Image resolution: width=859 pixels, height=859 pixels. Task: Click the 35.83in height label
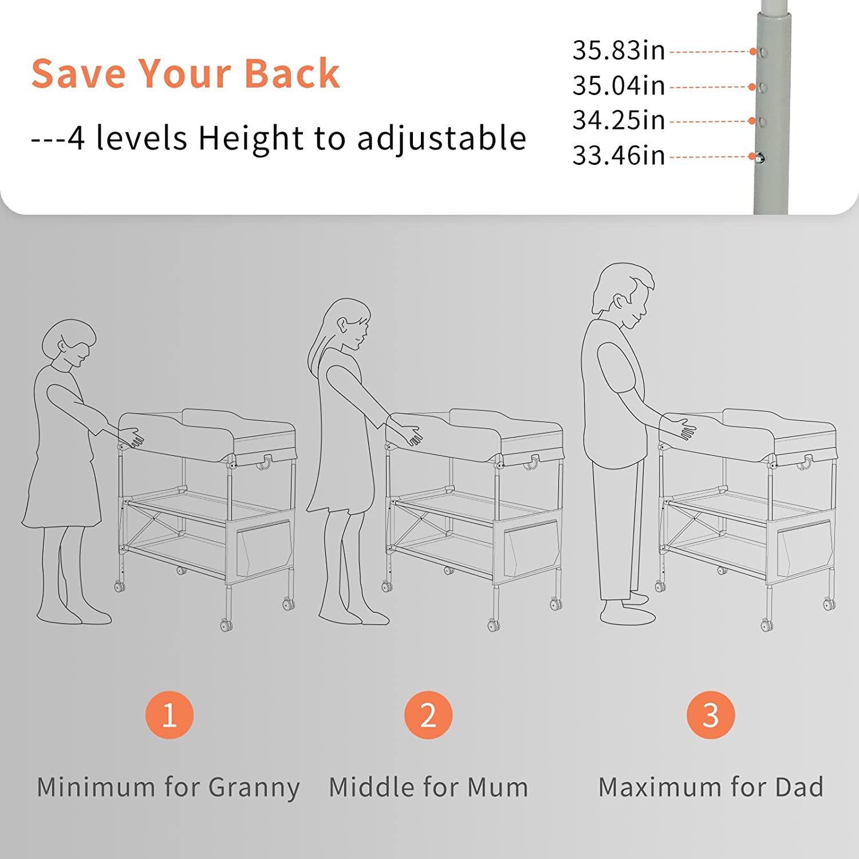click(618, 50)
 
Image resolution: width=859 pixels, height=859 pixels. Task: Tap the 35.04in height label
click(618, 86)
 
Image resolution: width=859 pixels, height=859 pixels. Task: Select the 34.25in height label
click(618, 120)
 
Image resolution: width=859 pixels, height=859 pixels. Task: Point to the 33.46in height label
click(618, 156)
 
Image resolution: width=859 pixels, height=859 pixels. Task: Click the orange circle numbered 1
click(170, 715)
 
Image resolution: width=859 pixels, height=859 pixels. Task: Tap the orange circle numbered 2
click(428, 715)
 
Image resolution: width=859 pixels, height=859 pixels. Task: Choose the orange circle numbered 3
click(711, 715)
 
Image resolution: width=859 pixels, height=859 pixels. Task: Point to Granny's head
click(69, 344)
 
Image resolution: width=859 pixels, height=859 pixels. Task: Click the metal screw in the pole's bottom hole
click(759, 158)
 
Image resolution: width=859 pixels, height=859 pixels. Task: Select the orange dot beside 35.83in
click(753, 52)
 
